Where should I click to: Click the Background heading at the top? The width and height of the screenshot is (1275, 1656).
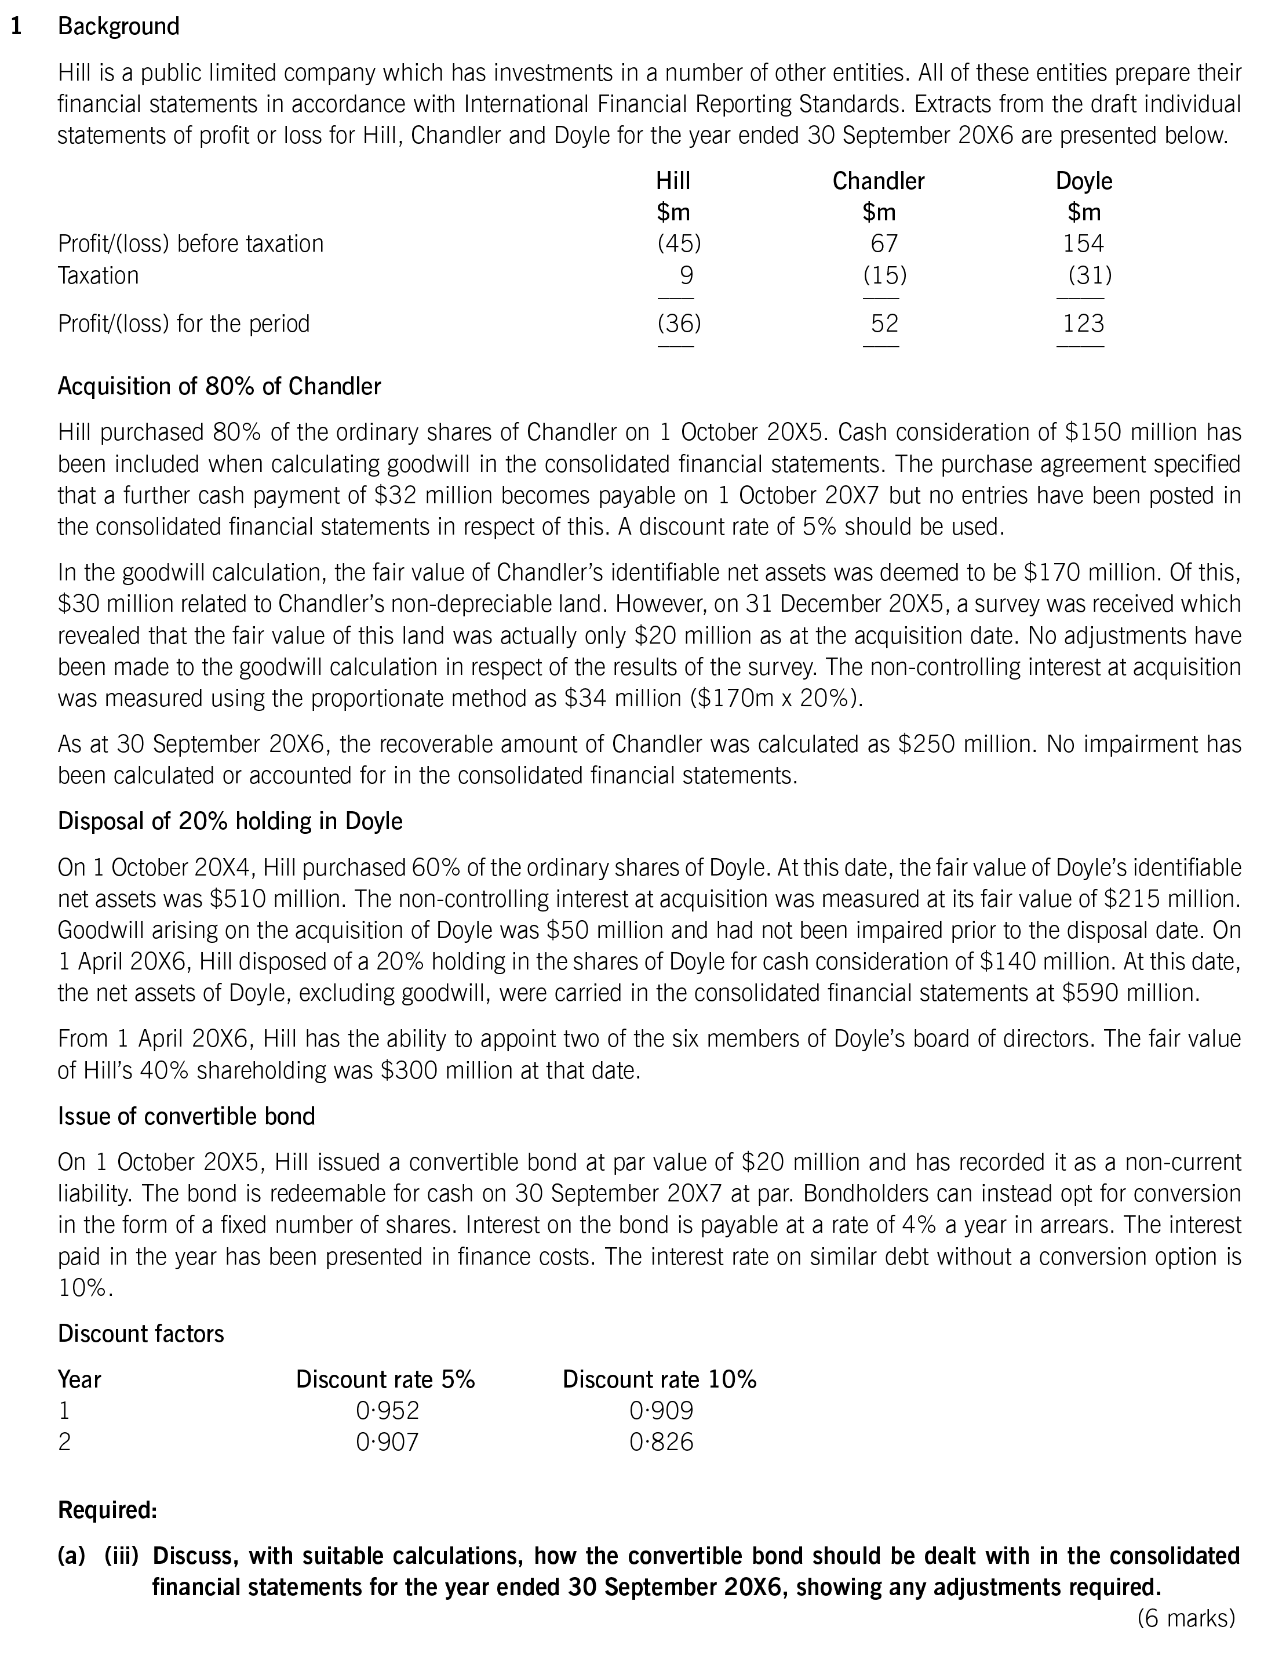pos(118,27)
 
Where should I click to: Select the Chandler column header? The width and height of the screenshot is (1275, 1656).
pos(878,181)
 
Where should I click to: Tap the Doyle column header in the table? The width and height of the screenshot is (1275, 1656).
pos(1083,181)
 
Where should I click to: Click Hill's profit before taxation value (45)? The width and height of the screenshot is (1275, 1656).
pos(679,244)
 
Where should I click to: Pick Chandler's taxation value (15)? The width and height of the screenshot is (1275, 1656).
pos(884,275)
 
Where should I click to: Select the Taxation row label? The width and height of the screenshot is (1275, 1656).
pos(98,275)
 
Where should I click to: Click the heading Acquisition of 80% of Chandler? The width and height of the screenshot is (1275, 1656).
pos(219,387)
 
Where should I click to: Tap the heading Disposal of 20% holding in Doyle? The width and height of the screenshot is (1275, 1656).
pos(230,821)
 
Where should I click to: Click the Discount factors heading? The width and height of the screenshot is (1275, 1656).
pos(141,1334)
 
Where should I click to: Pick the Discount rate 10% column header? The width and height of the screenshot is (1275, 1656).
pos(659,1379)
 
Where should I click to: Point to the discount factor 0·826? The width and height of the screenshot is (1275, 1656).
pos(661,1441)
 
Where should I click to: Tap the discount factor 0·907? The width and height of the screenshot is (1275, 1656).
pos(387,1441)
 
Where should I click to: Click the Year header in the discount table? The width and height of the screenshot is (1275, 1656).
pos(79,1379)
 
